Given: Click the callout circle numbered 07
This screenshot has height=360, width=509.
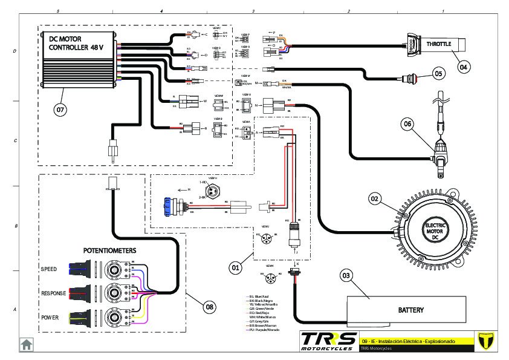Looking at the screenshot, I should (x=60, y=110).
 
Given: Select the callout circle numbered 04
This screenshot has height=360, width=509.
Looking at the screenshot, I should (x=462, y=67).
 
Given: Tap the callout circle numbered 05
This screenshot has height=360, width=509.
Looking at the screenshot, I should (x=439, y=74).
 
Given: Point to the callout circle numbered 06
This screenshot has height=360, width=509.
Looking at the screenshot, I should (x=408, y=124).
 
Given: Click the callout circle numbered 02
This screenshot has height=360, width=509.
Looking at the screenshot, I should (x=374, y=198).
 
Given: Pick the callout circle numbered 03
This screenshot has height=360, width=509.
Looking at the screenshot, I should (x=346, y=276).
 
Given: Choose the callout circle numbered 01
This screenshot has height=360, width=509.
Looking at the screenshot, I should (x=236, y=266).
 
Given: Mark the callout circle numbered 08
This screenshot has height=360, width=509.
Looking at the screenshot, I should (x=209, y=307).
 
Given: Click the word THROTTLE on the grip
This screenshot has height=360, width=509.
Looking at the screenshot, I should (x=439, y=44).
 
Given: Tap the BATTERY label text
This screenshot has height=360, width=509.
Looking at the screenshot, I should (x=410, y=310).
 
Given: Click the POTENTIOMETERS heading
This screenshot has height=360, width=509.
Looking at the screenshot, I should (x=109, y=250).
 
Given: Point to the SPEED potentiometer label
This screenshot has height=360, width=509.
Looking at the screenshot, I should (x=49, y=269).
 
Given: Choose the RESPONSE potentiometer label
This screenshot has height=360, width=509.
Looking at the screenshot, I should (x=53, y=293).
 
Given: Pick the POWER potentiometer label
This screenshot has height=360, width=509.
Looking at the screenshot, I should (x=50, y=317).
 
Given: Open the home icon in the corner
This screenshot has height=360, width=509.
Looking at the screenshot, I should (x=27, y=344).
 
